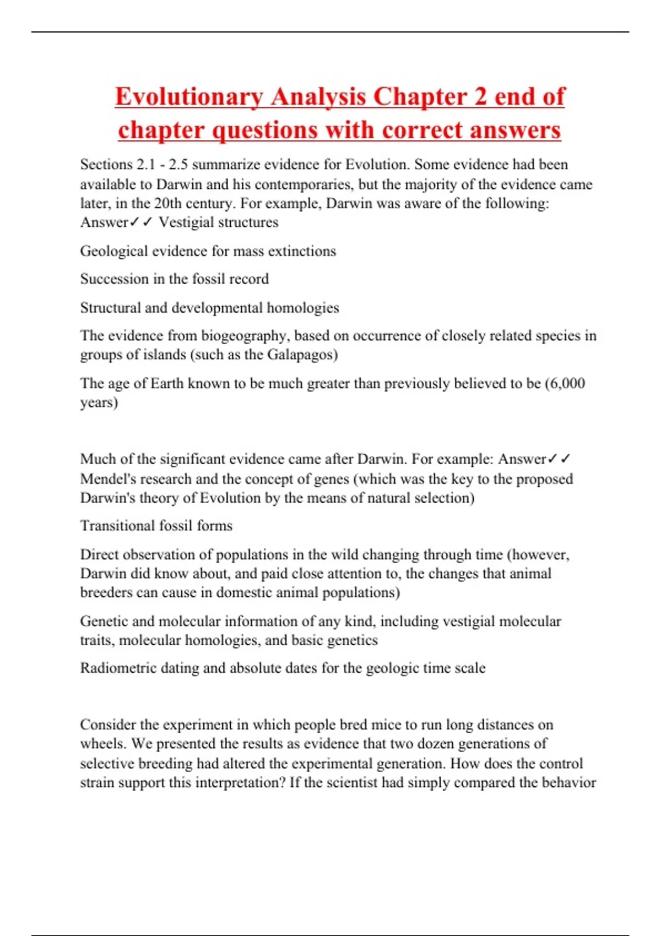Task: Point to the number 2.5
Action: tap(177, 165)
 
